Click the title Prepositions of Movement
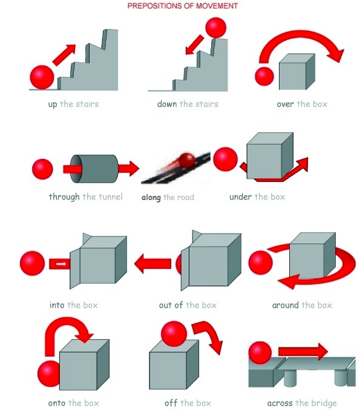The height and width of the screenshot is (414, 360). [182, 6]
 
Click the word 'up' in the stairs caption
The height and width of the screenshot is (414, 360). [53, 105]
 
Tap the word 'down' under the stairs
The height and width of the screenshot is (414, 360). [167, 104]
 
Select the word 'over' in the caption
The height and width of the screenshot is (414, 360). [285, 105]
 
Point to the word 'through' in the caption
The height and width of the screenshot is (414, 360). [64, 196]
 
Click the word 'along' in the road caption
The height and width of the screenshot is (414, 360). [151, 198]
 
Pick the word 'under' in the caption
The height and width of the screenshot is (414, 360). [241, 196]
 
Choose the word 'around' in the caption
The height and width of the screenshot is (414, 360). [286, 305]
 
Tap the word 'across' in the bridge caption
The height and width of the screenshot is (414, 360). [280, 404]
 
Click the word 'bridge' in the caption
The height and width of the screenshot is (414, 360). [324, 404]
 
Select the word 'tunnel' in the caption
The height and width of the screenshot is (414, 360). [111, 196]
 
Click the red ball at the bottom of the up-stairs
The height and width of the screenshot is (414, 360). [42, 77]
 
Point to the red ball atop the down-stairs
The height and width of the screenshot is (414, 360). [216, 28]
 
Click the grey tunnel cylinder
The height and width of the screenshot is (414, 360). [94, 169]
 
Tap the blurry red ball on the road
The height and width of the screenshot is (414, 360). [186, 160]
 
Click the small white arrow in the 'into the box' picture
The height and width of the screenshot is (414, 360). [61, 264]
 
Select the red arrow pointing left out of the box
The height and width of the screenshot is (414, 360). [152, 264]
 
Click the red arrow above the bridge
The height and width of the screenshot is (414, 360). [303, 352]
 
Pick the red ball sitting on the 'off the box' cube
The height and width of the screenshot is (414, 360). [174, 334]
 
